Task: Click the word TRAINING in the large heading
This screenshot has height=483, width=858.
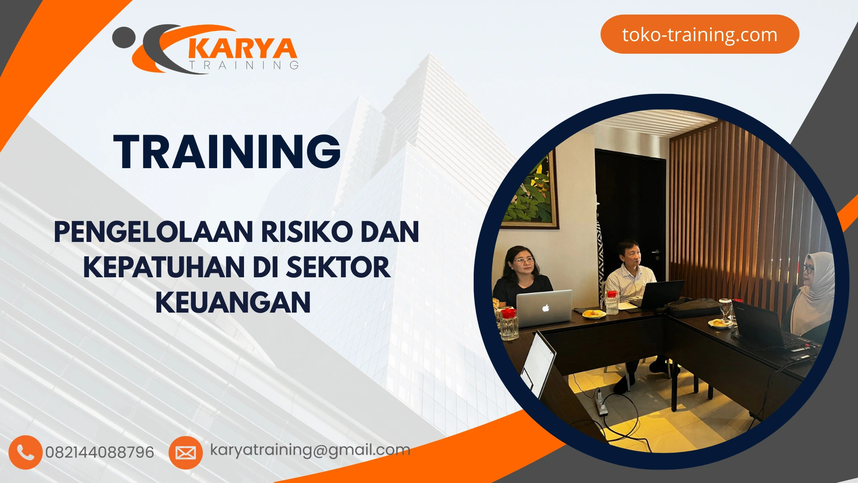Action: tap(227, 152)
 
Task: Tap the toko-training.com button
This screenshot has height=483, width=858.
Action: tap(699, 34)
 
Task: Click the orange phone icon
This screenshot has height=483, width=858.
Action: tap(25, 452)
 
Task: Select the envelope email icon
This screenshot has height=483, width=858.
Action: tap(185, 453)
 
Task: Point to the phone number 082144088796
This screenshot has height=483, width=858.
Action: tap(100, 452)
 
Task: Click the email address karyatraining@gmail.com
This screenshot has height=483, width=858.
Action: tap(310, 449)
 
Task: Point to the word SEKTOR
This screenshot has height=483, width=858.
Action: tap(338, 267)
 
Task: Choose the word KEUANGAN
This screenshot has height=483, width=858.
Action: tap(233, 303)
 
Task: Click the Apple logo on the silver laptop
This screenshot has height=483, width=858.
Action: tap(545, 308)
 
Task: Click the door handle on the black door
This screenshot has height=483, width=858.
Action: tap(656, 253)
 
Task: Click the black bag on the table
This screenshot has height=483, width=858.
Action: tap(695, 307)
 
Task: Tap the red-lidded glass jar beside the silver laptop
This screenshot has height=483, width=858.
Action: tap(509, 324)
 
